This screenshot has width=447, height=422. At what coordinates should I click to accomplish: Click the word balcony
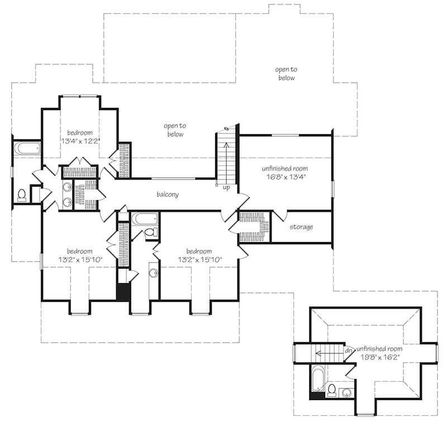(x=167, y=195)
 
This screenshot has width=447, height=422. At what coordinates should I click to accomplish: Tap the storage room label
(x=301, y=227)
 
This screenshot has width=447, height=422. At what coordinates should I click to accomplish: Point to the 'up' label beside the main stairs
(x=226, y=187)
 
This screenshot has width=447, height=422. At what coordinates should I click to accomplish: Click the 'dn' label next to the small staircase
(x=347, y=350)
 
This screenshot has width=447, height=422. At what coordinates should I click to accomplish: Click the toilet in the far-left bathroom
(x=22, y=195)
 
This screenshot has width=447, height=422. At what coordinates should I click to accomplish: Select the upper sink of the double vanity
(x=66, y=188)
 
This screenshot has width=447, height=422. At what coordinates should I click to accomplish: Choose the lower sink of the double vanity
(x=66, y=202)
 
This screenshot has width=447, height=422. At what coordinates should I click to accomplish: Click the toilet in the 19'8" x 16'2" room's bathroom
(x=331, y=390)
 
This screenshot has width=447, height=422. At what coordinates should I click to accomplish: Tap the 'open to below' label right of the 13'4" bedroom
(x=174, y=130)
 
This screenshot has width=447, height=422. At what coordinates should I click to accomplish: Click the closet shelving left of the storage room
(x=254, y=226)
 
